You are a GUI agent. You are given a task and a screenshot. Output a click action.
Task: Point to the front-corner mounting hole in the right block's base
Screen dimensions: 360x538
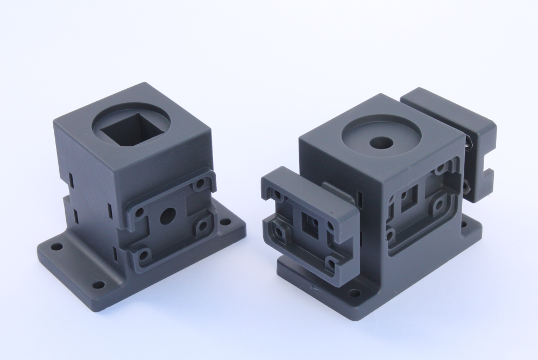pos(354,293)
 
